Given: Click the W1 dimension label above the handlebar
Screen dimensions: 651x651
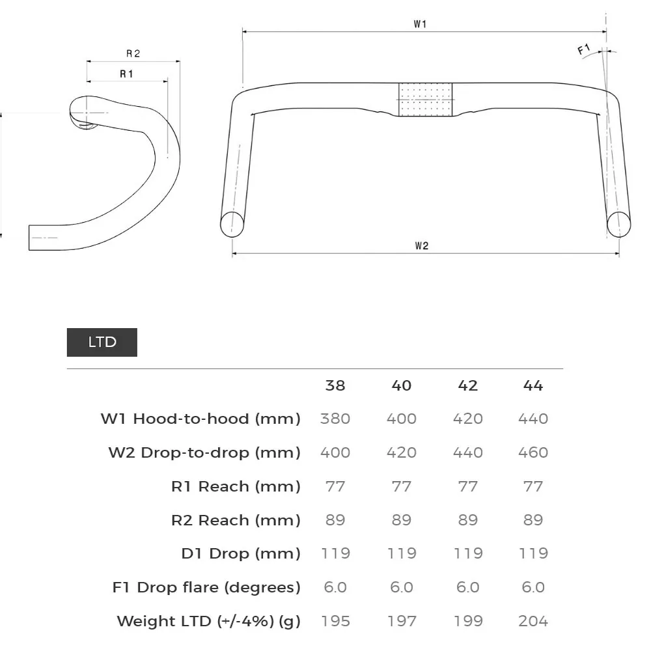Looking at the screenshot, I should click(420, 24).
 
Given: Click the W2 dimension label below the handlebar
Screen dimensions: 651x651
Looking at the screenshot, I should click(421, 245).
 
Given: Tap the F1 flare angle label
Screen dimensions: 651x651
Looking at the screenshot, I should click(584, 49).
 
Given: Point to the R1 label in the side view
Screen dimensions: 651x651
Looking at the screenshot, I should click(126, 74).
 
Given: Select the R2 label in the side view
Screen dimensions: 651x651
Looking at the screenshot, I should click(133, 53).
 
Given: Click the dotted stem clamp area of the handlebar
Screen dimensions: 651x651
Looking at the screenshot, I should click(426, 100).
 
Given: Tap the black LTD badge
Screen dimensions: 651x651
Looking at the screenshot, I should click(102, 342).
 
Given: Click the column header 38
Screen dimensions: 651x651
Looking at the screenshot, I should click(335, 385).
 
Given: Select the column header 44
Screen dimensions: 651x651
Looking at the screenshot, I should click(533, 385).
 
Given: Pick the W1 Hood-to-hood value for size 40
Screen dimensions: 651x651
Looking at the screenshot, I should click(402, 419).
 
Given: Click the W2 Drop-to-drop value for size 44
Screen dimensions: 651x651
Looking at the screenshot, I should click(533, 452).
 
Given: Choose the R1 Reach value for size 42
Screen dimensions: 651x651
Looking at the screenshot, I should click(467, 486).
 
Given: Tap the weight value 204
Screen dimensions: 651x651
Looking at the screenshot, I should click(533, 621).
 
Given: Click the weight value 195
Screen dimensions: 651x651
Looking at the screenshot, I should click(335, 621).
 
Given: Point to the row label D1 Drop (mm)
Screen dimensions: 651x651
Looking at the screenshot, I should click(241, 554).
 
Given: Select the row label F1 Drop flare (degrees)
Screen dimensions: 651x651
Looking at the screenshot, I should click(206, 587).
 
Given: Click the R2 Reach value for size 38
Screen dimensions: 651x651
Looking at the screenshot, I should click(335, 520).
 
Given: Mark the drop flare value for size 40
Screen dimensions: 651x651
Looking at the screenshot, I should click(402, 587).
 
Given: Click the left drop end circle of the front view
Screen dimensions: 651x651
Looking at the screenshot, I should click(232, 223).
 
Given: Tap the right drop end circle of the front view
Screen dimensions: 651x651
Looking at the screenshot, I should click(619, 223).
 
